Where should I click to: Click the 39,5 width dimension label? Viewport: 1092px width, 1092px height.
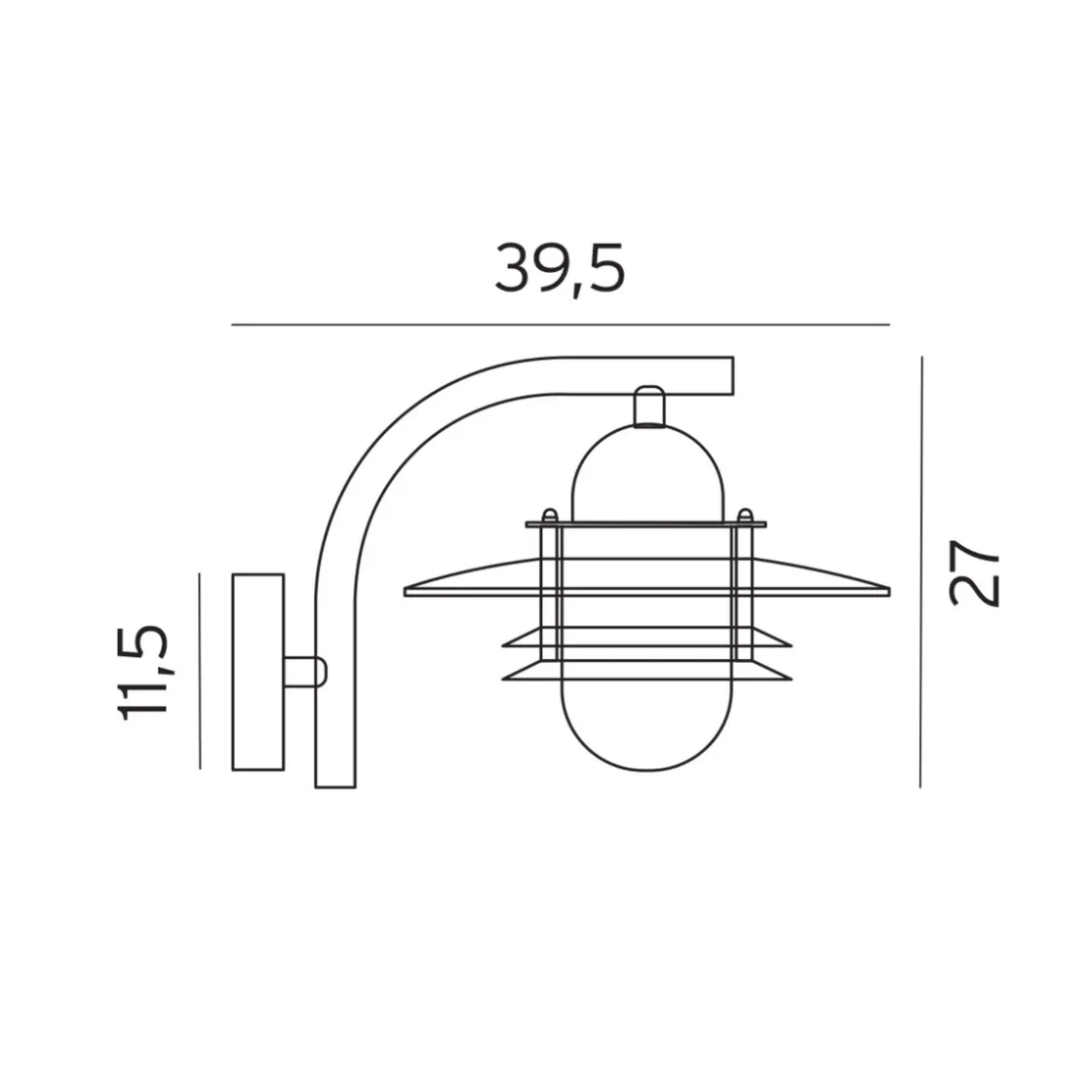(560, 269)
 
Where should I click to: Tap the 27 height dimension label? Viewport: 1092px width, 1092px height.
(974, 572)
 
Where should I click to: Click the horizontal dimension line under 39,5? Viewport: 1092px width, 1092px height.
(561, 325)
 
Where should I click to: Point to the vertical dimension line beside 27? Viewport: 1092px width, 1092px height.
(921, 571)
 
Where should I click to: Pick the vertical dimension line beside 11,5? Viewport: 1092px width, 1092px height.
(200, 672)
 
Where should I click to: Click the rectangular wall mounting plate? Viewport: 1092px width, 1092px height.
(257, 672)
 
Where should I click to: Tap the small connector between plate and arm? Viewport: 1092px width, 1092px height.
(305, 672)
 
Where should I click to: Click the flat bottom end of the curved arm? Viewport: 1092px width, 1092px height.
(335, 787)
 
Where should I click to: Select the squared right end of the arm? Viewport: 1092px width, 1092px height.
(732, 376)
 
